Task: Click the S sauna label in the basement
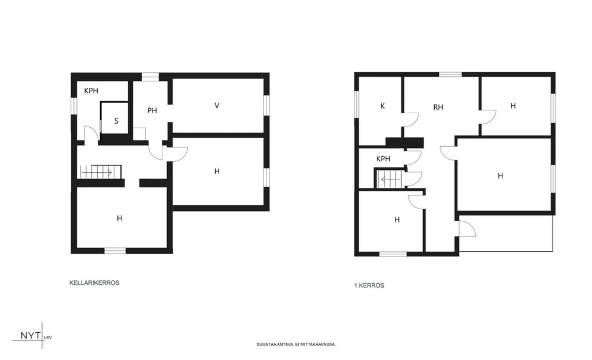point(116,121)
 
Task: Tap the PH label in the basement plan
point(152,110)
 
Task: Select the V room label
point(217,106)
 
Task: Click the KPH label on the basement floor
point(91,91)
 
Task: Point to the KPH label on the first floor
point(383,159)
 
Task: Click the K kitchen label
point(383,106)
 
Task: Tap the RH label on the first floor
point(438,107)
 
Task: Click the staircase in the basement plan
point(101,172)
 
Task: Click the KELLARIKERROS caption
point(94,283)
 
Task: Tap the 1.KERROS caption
point(369,285)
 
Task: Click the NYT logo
point(32,336)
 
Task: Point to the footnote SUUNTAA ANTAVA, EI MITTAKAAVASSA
point(296,344)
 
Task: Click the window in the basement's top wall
point(150,77)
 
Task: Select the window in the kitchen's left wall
point(356,104)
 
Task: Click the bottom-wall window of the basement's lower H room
point(115,251)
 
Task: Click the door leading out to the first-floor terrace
point(467,229)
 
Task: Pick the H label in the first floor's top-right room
point(513,106)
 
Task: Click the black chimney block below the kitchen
point(404,143)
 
